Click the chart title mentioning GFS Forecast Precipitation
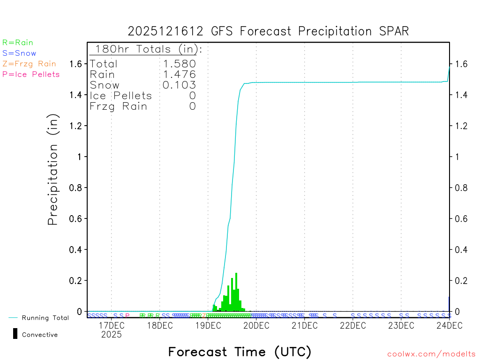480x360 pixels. [268, 31]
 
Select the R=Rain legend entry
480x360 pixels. [18, 43]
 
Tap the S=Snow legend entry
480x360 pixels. [19, 53]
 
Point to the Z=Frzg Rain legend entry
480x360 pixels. [29, 64]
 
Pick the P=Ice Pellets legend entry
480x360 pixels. [31, 74]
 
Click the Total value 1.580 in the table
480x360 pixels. [179, 64]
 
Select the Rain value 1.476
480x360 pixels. [179, 75]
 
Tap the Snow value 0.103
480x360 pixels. [179, 85]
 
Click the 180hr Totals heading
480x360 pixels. [146, 49]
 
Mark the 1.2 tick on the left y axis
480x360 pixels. [76, 126]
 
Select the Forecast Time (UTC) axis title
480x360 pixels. [240, 352]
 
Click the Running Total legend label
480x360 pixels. [45, 318]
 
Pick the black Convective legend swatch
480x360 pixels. [15, 334]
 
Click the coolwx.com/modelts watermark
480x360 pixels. [431, 354]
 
